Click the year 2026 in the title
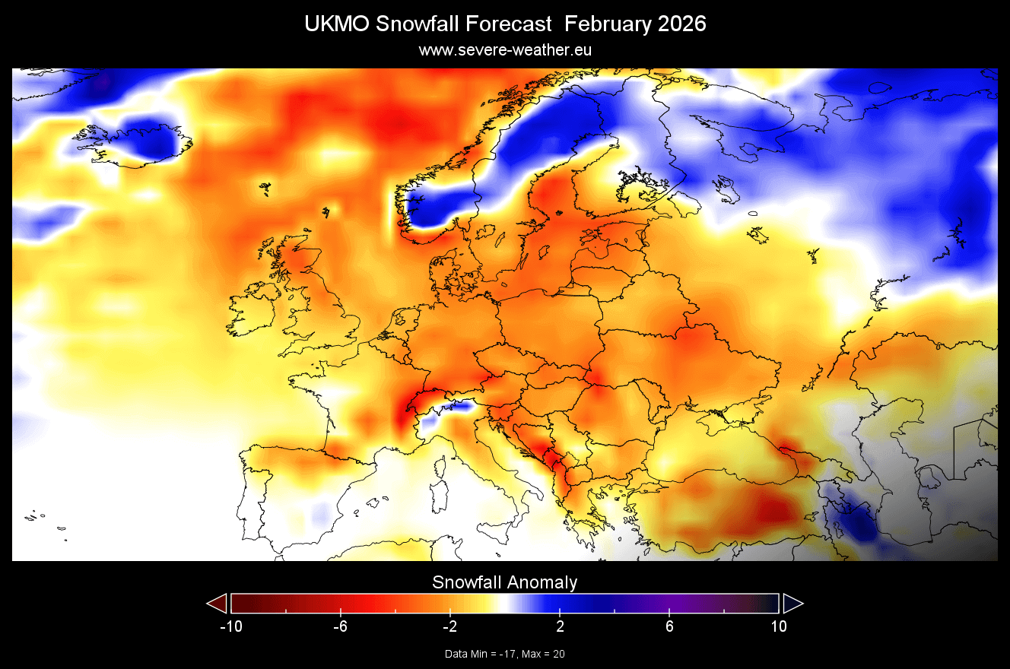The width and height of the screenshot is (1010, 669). coord(678,24)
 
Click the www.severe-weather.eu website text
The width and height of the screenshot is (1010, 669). coord(505,50)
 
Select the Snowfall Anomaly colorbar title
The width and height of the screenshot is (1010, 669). coord(505,583)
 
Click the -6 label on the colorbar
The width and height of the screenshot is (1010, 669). coord(339,627)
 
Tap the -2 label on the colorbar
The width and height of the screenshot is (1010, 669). coord(449,627)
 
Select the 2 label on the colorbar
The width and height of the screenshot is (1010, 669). coord(560,627)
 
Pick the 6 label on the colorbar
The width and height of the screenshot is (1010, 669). coord(669,627)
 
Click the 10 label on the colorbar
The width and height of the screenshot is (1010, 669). coord(779,627)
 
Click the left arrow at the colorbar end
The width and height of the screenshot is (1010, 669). coord(218,604)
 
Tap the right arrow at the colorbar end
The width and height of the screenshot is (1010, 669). coord(792,604)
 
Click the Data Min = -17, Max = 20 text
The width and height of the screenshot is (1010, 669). coord(505,654)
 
